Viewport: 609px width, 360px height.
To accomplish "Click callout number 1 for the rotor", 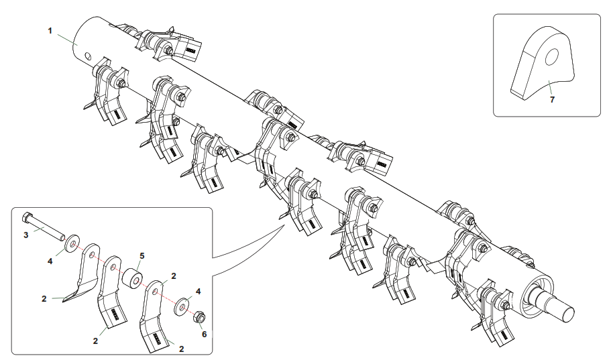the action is click(x=50, y=31).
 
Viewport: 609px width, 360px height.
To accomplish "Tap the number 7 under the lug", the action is click(x=552, y=99).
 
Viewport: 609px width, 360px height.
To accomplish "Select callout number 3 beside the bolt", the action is click(x=26, y=235).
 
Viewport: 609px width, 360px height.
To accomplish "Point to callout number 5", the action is click(x=142, y=256).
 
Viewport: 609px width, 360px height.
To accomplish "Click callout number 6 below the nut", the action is click(x=205, y=334).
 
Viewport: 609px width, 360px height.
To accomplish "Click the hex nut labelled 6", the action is click(x=199, y=316).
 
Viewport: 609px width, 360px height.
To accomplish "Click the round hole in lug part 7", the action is click(x=551, y=57).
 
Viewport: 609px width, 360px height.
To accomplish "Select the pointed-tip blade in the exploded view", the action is click(x=82, y=274).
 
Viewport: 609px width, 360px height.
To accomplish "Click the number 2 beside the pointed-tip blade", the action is click(x=44, y=298).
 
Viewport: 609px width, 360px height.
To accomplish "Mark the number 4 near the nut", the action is click(x=198, y=291).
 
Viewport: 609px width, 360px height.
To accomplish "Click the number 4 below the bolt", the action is click(x=50, y=261).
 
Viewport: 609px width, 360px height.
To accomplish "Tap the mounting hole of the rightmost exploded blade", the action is click(x=155, y=290).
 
